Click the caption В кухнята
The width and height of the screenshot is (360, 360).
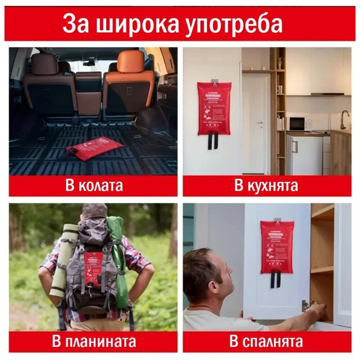click(x=266, y=186)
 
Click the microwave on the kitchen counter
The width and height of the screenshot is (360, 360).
click(x=297, y=123)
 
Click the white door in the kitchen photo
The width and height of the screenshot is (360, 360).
click(x=255, y=121)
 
